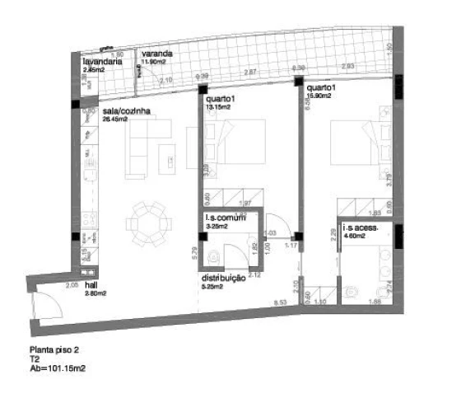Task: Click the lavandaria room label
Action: (103, 62)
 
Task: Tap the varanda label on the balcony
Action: (156, 54)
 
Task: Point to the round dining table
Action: (148, 224)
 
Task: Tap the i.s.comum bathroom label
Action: (227, 218)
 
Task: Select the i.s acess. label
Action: (361, 232)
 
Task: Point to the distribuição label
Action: (224, 279)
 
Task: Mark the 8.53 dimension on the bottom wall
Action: (281, 304)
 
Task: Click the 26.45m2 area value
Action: (115, 119)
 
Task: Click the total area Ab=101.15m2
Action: (58, 368)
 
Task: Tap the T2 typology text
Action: (35, 359)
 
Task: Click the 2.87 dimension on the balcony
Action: (252, 73)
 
